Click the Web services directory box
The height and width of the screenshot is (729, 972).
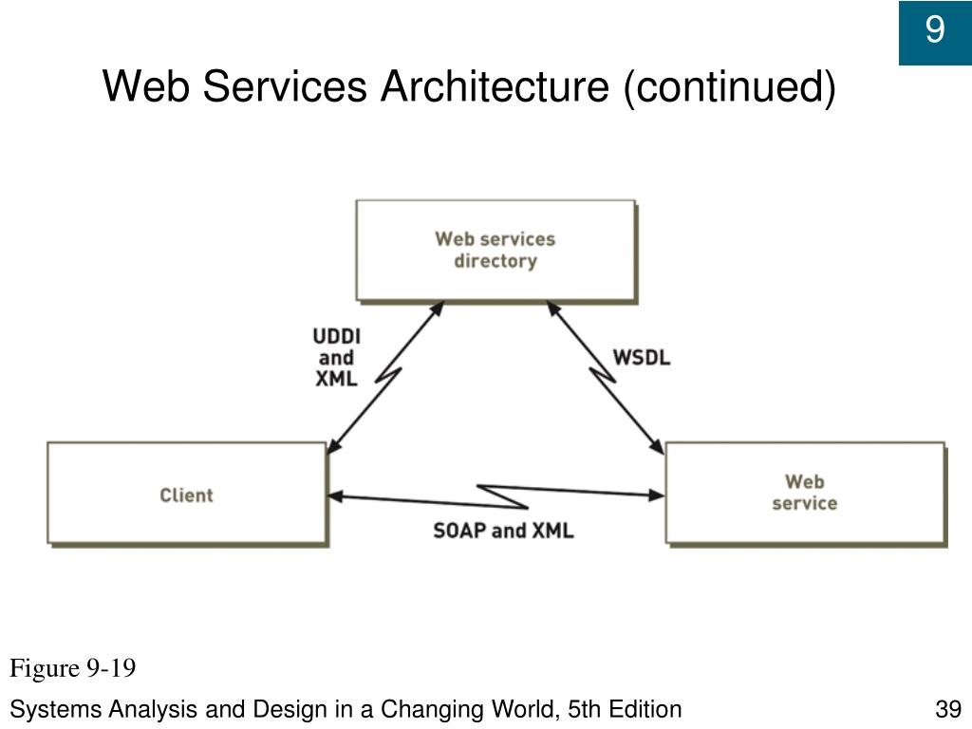[495, 251]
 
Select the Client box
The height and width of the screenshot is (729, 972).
[187, 495]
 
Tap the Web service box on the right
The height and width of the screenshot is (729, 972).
[805, 494]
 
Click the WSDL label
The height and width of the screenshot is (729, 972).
[642, 358]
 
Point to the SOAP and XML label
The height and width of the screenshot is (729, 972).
[503, 530]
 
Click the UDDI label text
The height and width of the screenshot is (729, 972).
[336, 337]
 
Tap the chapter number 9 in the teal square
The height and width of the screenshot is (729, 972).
[935, 31]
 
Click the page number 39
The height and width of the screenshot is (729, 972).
[948, 709]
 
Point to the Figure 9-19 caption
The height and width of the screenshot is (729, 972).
[73, 669]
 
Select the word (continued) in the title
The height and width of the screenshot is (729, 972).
[729, 87]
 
